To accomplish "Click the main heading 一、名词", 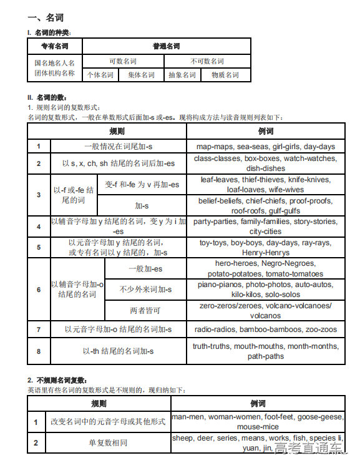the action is click(45, 17).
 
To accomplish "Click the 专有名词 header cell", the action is click(55, 46).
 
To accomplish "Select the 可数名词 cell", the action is click(123, 61).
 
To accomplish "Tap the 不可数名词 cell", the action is click(207, 61).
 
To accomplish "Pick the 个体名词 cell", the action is click(100, 75).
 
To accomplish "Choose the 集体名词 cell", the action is click(141, 75).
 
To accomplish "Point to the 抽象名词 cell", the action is click(182, 75).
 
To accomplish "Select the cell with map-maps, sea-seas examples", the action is click(265, 147).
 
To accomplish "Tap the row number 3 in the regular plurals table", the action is click(39, 195).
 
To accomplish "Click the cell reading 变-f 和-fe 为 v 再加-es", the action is click(142, 185).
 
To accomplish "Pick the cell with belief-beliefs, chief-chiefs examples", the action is click(265, 206).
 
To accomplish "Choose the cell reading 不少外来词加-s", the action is click(145, 290).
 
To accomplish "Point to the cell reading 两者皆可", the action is click(145, 310).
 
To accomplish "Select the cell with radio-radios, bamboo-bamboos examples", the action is click(265, 329).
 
